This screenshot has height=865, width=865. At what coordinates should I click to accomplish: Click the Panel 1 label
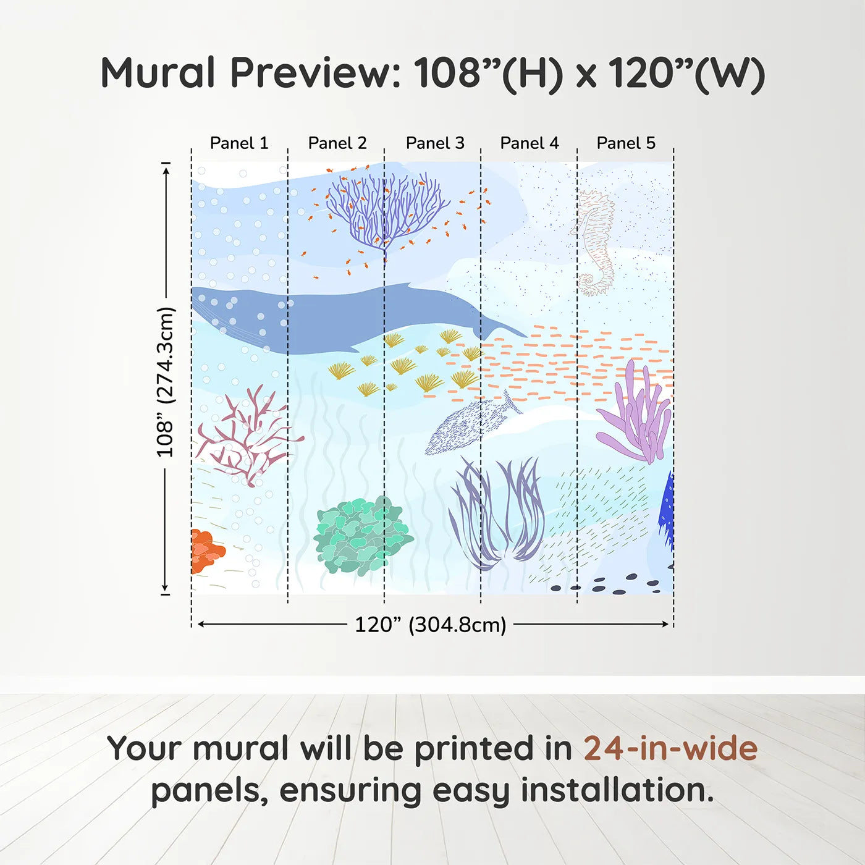tap(239, 143)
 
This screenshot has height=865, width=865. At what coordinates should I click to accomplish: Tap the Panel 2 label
tap(337, 143)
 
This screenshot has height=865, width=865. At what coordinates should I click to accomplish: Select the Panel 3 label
tap(435, 143)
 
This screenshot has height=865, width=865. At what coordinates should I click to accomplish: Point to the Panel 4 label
tap(530, 143)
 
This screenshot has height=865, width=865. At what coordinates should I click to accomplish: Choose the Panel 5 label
tap(626, 143)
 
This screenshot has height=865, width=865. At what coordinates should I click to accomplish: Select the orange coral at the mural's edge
tap(205, 550)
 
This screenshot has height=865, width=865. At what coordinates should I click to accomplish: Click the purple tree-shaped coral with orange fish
tap(386, 210)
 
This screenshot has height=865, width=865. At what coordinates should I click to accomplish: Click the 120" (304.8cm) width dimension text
tap(430, 625)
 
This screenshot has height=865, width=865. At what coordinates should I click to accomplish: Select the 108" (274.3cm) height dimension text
tap(166, 382)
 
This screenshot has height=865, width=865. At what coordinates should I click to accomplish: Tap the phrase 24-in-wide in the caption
tap(670, 748)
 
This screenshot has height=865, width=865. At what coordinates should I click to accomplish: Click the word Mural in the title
tap(158, 73)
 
